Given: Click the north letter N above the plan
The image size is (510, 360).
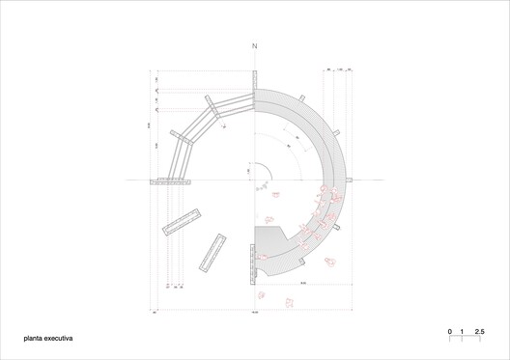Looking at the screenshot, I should click(x=255, y=46).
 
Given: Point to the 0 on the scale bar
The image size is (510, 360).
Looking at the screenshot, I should click(x=449, y=331).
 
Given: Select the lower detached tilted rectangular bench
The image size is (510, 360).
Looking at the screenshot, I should click(x=212, y=253).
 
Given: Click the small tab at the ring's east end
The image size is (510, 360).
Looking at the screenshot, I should click(x=353, y=180).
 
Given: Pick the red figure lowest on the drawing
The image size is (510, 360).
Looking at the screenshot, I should click(x=288, y=305).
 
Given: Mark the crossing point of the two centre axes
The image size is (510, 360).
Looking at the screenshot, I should click(x=255, y=180).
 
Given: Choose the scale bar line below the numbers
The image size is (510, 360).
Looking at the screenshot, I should click(x=465, y=339).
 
